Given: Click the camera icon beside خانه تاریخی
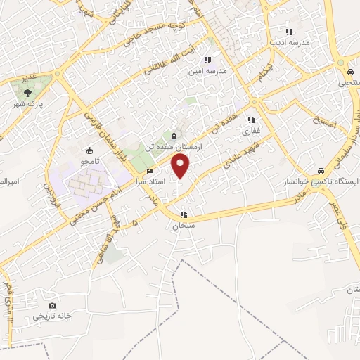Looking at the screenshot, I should pyautogui.click(x=52, y=305).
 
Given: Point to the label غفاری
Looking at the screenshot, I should pyautogui.click(x=252, y=130).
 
